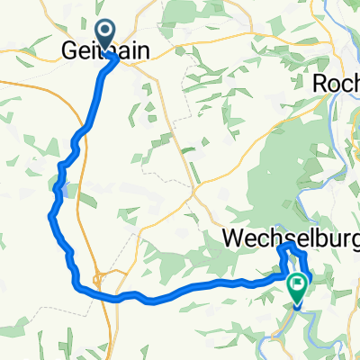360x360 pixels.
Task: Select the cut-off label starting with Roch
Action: (336, 83)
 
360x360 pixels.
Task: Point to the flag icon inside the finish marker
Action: (297, 285)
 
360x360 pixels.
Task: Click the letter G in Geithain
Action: (70, 49)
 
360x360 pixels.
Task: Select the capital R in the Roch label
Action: (320, 83)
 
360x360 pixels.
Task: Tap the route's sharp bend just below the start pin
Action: (114, 58)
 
